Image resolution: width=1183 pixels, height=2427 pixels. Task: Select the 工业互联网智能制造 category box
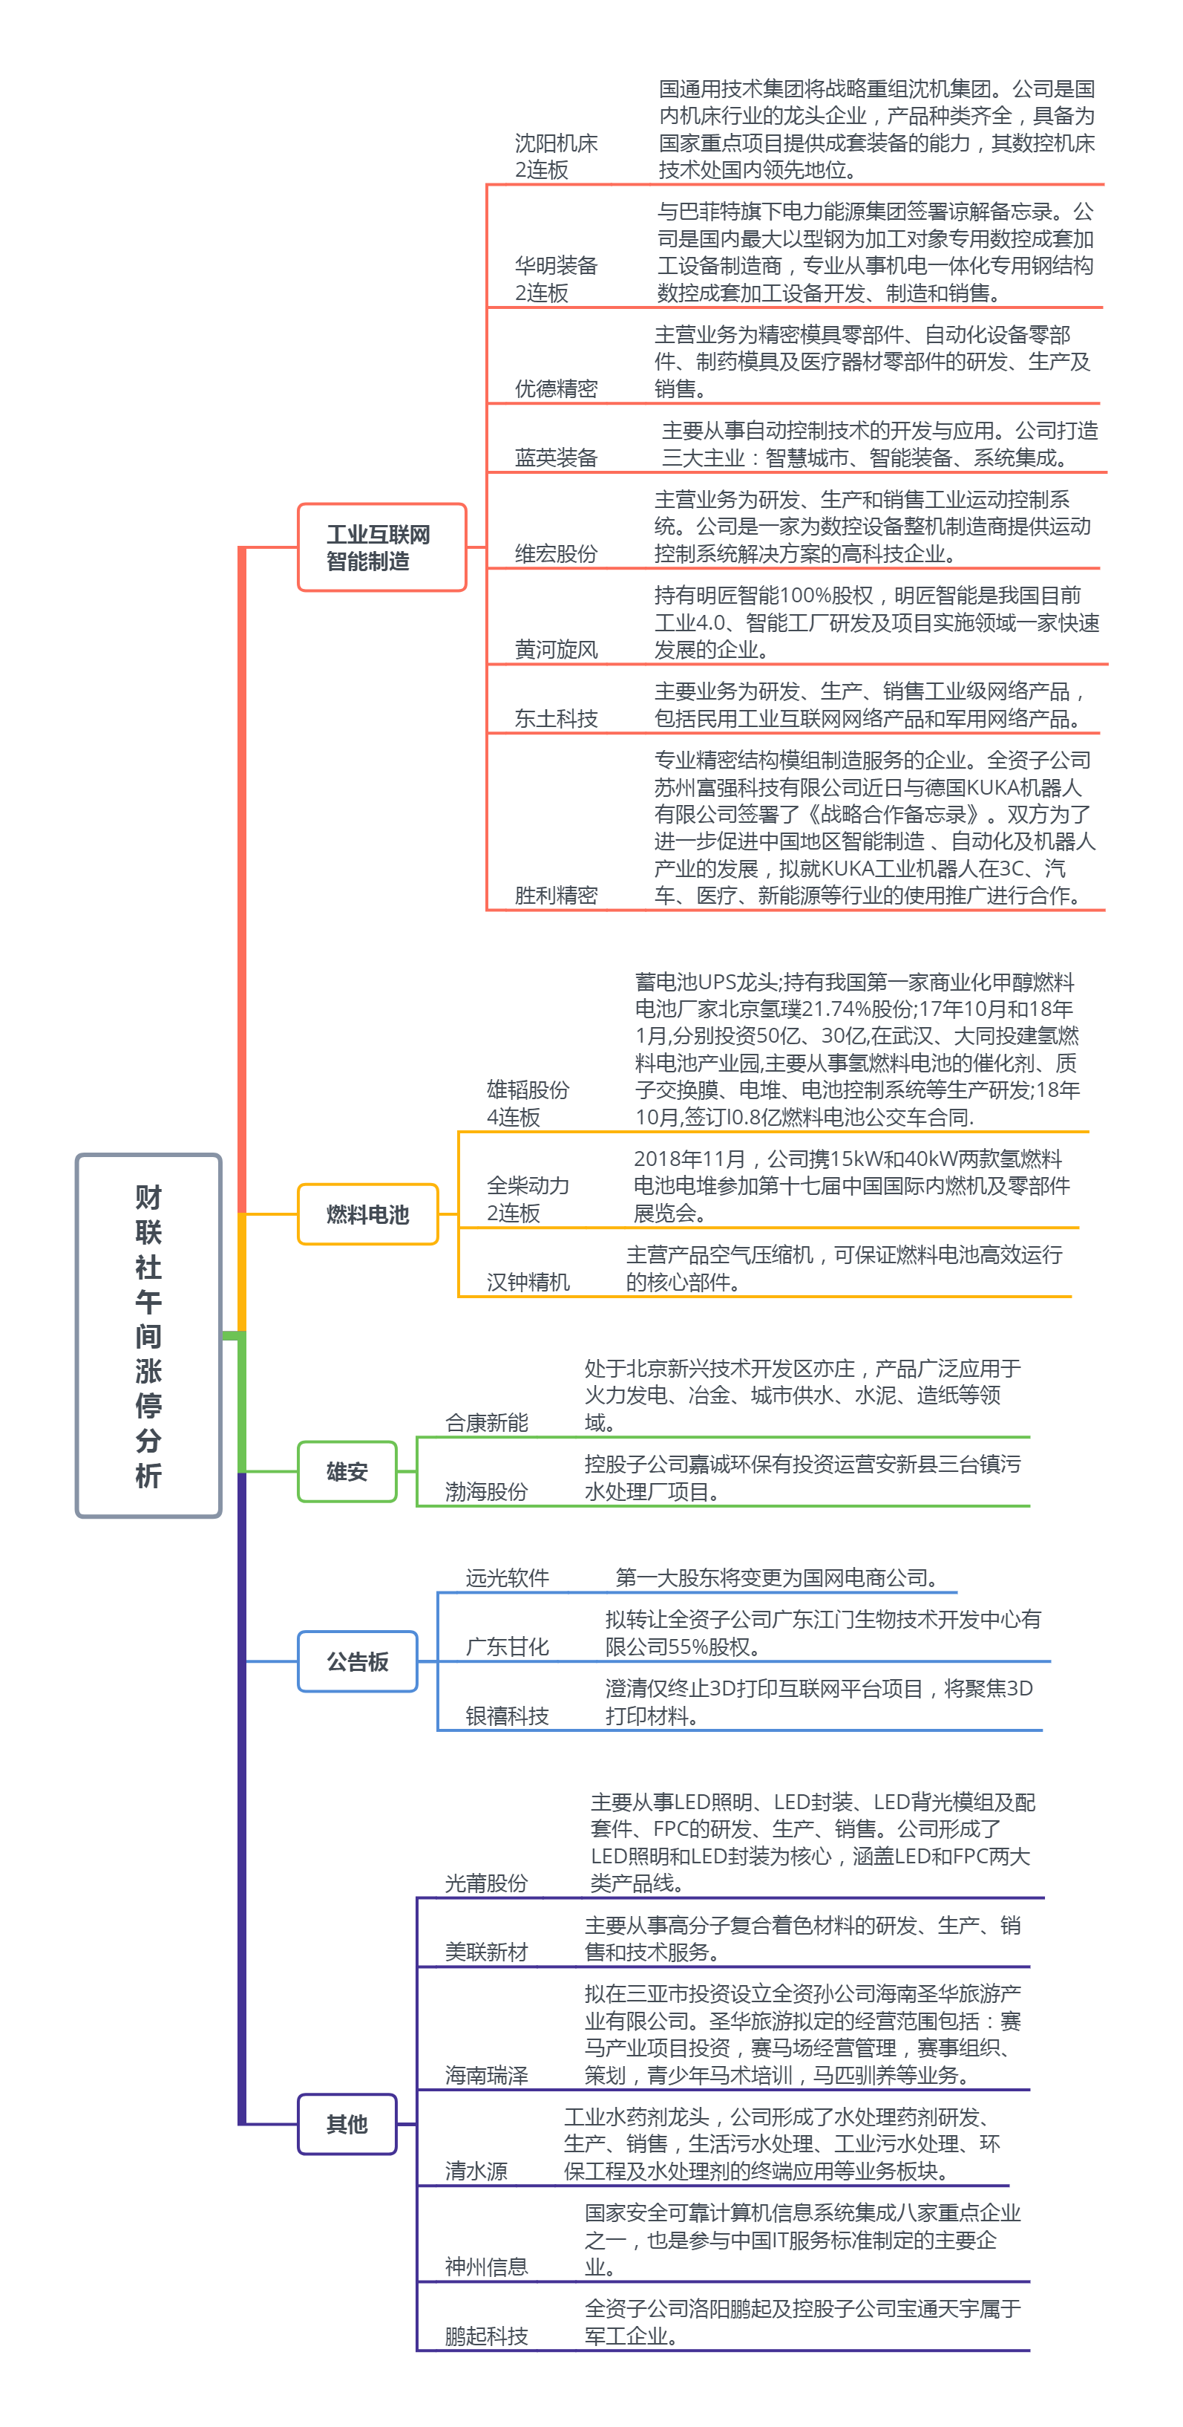[x=381, y=547]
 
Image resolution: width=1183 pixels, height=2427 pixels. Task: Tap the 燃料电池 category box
[x=367, y=1214]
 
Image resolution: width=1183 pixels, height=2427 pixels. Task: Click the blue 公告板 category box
[x=357, y=1662]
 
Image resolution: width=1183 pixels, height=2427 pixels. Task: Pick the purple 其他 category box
[x=347, y=2124]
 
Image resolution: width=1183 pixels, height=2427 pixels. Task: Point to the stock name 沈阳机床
[x=556, y=143]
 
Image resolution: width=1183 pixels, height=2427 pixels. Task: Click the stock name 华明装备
[x=556, y=266]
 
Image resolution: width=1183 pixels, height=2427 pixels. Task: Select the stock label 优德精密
[x=556, y=388]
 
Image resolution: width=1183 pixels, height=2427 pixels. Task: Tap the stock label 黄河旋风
[x=556, y=649]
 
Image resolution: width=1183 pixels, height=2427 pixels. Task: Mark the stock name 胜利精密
[x=556, y=895]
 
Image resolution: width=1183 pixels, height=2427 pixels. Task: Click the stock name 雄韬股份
[x=528, y=1090]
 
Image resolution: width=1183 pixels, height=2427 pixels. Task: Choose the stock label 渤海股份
[x=486, y=1491]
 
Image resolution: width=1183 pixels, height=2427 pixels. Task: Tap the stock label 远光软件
[x=507, y=1578]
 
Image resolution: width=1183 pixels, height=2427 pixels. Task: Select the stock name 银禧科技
[x=507, y=1716]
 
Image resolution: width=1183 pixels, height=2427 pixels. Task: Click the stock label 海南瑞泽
[x=486, y=2075]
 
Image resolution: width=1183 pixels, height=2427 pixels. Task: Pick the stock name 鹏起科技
[x=486, y=2336]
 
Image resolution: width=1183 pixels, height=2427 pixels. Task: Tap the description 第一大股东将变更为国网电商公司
[x=776, y=1578]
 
